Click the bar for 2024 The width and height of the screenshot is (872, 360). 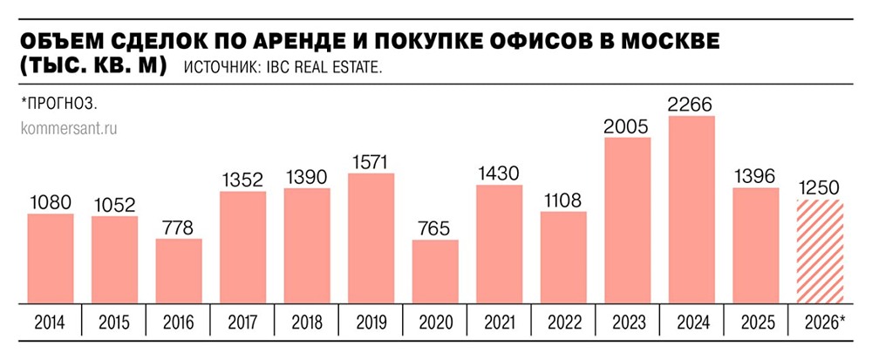[691, 209]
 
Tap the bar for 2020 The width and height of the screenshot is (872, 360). [435, 271]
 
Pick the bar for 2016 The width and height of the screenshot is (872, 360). [179, 271]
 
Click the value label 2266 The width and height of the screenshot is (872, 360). [691, 105]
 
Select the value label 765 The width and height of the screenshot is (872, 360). [435, 229]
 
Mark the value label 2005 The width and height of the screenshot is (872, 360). [627, 127]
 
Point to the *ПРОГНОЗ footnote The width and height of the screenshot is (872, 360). [58, 103]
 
